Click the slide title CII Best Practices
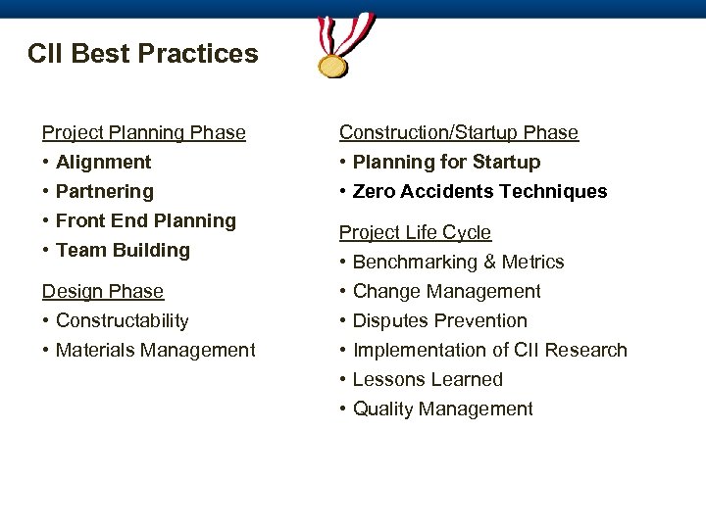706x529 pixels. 143,53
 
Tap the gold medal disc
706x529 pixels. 333,65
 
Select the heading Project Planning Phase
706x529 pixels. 143,132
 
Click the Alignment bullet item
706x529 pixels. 104,162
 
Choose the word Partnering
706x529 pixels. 105,191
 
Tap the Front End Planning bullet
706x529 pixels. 146,220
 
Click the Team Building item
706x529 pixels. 123,250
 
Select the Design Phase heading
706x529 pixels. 102,291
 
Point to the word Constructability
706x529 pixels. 123,320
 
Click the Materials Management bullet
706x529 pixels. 155,350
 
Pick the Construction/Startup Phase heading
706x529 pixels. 459,132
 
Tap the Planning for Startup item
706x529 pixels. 446,162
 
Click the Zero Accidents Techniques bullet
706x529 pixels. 479,191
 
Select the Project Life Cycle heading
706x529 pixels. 416,232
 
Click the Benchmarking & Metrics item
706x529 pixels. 458,262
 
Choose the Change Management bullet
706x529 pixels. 446,291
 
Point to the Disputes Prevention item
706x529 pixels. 439,320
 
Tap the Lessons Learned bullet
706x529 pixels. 428,379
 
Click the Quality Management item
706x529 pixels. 442,409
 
